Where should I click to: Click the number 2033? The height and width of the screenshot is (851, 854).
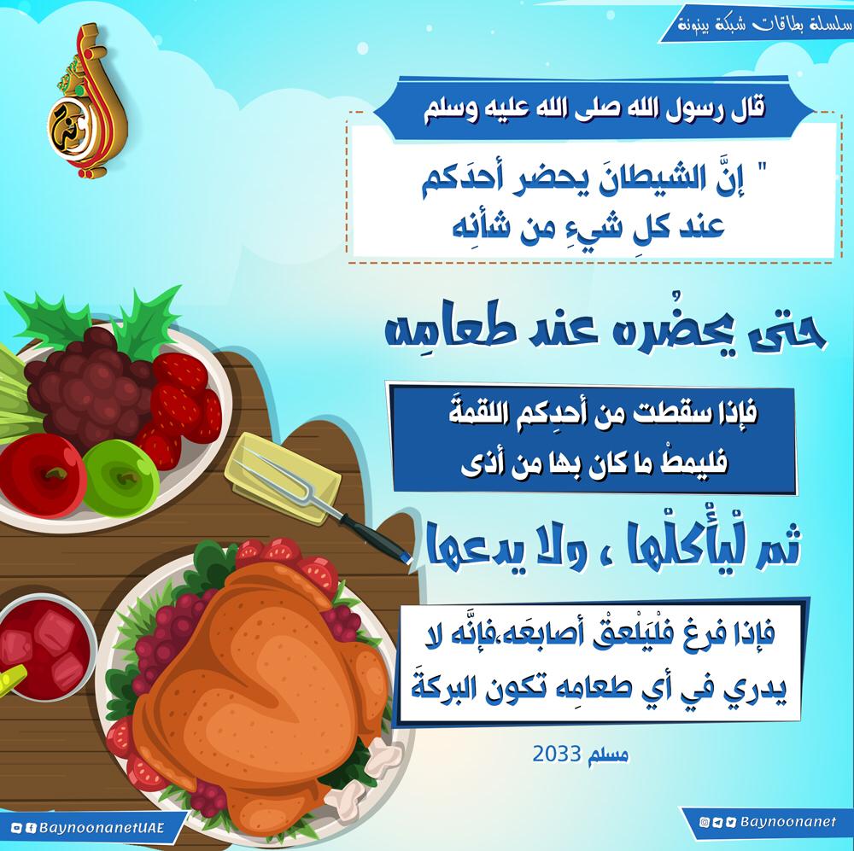pos(555,754)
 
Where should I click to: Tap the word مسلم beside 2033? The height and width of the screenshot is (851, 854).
pos(606,755)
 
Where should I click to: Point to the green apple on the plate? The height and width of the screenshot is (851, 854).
pos(121,477)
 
